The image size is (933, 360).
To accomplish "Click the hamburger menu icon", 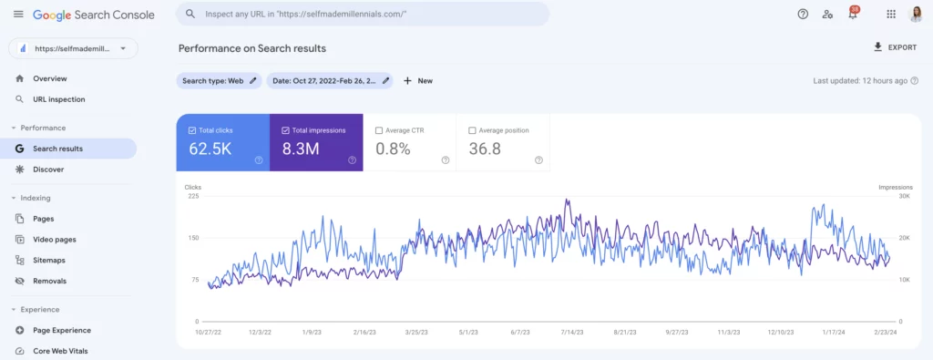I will tap(18, 15).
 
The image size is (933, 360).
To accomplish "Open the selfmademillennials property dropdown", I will tap(73, 48).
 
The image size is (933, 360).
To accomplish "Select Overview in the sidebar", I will tap(49, 78).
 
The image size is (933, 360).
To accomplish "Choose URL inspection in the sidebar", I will tap(58, 99).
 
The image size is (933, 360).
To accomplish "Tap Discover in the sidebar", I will tap(48, 169).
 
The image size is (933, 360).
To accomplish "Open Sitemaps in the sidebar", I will tap(48, 260).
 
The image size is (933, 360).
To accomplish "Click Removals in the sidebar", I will tap(49, 281).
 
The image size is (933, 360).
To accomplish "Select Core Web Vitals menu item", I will tap(60, 351).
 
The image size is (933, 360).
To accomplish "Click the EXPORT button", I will tap(895, 47).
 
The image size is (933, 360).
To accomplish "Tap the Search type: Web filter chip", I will tap(219, 80).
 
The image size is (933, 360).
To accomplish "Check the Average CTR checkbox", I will tap(380, 130).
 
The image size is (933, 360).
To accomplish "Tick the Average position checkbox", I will tap(473, 130).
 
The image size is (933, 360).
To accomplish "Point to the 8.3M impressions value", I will tap(300, 149).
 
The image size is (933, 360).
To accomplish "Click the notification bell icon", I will tap(853, 15).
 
